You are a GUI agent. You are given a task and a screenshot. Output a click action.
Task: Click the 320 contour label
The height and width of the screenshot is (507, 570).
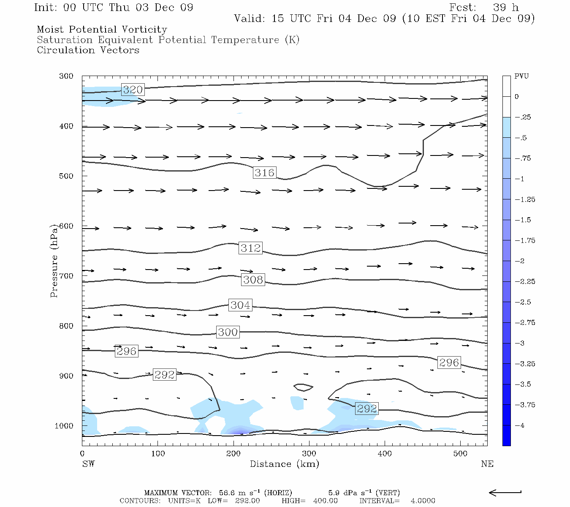(133, 90)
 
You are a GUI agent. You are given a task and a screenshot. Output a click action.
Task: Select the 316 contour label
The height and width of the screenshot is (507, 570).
(264, 172)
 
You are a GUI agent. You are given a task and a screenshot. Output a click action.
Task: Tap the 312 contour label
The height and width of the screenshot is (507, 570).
(251, 248)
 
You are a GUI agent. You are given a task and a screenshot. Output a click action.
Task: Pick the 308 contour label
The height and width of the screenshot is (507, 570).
(253, 280)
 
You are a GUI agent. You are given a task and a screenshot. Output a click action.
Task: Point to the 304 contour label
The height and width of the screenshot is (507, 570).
(240, 305)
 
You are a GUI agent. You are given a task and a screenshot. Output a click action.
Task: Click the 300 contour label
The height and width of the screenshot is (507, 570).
(228, 333)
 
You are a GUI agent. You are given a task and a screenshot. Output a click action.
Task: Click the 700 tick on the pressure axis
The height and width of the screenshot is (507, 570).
(66, 276)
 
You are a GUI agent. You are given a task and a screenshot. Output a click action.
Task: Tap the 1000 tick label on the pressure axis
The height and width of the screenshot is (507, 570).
(64, 426)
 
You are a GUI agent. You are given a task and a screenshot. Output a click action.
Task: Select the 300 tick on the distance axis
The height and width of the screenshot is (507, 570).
(309, 454)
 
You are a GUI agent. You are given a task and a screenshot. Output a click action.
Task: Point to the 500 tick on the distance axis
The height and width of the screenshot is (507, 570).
(460, 454)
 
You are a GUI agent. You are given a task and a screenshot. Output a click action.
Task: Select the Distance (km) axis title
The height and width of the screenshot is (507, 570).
(284, 464)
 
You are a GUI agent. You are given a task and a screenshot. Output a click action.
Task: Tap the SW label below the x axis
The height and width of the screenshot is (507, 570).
(88, 464)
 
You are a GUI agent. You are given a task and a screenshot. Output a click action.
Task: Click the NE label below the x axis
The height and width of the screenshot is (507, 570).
(487, 464)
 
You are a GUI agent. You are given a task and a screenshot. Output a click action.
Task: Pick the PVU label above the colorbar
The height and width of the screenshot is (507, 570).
(521, 76)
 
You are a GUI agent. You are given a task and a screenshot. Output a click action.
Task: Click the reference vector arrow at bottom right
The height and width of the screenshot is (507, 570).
(505, 492)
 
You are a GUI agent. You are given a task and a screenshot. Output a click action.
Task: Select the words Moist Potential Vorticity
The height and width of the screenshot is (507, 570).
(102, 30)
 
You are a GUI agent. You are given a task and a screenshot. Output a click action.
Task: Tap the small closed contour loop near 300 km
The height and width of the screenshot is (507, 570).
(304, 387)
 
